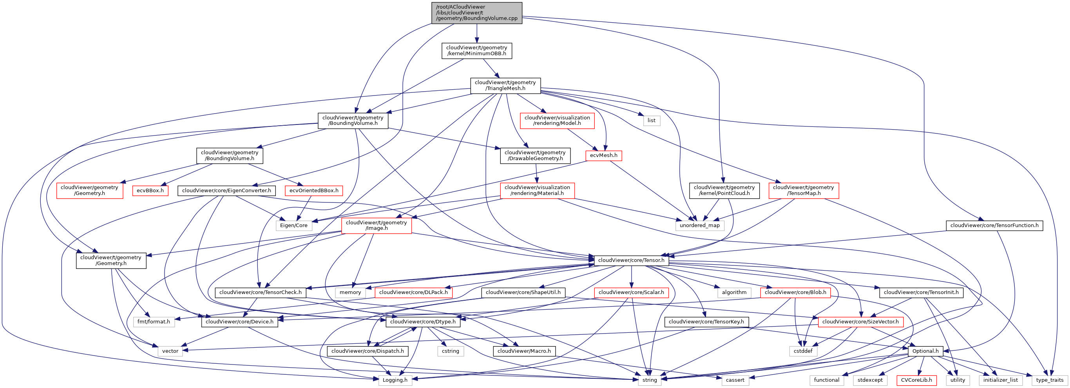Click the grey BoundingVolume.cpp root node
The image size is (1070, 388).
pyautogui.click(x=476, y=13)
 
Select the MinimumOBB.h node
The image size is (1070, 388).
pyautogui.click(x=476, y=51)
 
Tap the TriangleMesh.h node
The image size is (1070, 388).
pyautogui.click(x=505, y=85)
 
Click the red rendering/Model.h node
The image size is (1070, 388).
pyautogui.click(x=557, y=120)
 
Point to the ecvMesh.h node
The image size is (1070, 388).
pyautogui.click(x=603, y=155)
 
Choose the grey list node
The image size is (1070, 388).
pyautogui.click(x=651, y=120)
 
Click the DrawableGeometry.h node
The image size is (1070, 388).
pyautogui.click(x=535, y=155)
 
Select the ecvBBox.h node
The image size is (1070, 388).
pyautogui.click(x=150, y=190)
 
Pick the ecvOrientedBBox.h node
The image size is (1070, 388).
pyautogui.click(x=313, y=190)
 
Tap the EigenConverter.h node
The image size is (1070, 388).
pyautogui.click(x=226, y=190)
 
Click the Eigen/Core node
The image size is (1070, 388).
pyautogui.click(x=294, y=226)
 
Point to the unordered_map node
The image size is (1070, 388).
pyautogui.click(x=699, y=226)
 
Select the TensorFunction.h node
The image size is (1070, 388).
pyautogui.click(x=994, y=226)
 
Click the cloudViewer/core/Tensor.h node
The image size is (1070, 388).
pyautogui.click(x=631, y=260)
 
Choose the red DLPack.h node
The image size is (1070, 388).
pyautogui.click(x=413, y=292)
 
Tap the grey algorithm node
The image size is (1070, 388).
pyautogui.click(x=734, y=292)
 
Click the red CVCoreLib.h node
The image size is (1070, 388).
pyautogui.click(x=916, y=380)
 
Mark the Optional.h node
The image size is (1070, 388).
pyautogui.click(x=925, y=351)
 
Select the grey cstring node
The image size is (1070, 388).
pyautogui.click(x=450, y=351)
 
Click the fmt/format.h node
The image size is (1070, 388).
pyautogui.click(x=154, y=321)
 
